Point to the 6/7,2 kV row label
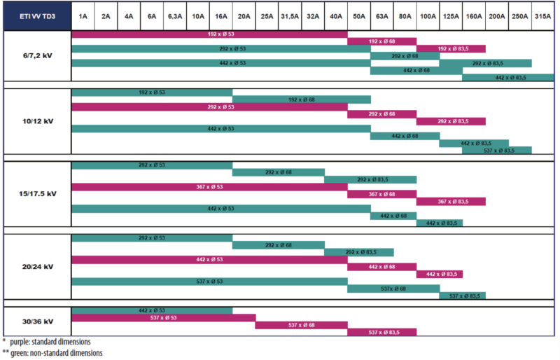pos(36,56)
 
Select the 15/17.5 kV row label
pos(36,193)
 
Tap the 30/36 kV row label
pos(36,321)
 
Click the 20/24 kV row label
pos(36,266)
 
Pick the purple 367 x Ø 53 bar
pos(209,186)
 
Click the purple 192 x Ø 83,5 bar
pos(451,48)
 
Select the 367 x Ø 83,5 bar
pos(451,202)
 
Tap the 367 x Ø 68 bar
pos(381,194)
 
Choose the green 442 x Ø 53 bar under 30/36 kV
pos(152,310)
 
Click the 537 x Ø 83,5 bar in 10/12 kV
pos(496,151)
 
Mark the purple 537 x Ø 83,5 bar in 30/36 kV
pos(381,332)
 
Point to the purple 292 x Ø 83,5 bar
pos(451,121)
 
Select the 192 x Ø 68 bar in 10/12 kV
pos(301,99)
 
